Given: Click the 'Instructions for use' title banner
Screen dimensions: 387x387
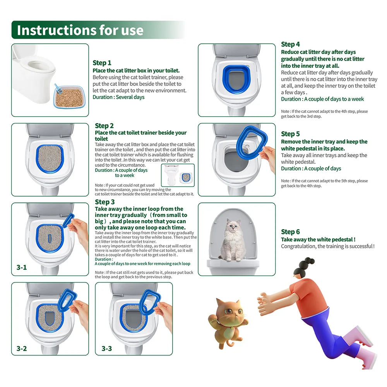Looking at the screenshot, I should [x=80, y=30].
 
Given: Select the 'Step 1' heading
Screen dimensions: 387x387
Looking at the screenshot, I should [x=102, y=63].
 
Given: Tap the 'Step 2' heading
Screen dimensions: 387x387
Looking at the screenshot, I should [x=104, y=126].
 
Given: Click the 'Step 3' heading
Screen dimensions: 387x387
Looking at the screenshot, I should [x=104, y=202].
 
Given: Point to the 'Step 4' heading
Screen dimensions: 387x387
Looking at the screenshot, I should [x=290, y=44].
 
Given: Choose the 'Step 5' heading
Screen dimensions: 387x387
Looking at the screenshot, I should [x=290, y=134].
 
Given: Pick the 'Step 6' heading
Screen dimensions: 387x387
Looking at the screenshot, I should [x=290, y=232].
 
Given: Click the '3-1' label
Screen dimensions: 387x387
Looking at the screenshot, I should [x=22, y=267].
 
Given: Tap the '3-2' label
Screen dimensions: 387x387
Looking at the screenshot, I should [x=22, y=348].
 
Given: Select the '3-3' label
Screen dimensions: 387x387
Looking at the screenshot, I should [x=106, y=348].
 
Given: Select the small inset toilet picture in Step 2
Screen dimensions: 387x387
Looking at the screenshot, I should [x=178, y=175].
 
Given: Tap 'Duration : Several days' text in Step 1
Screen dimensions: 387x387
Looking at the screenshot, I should [x=118, y=97].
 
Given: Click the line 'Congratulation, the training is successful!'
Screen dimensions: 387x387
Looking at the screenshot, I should [x=327, y=247].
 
